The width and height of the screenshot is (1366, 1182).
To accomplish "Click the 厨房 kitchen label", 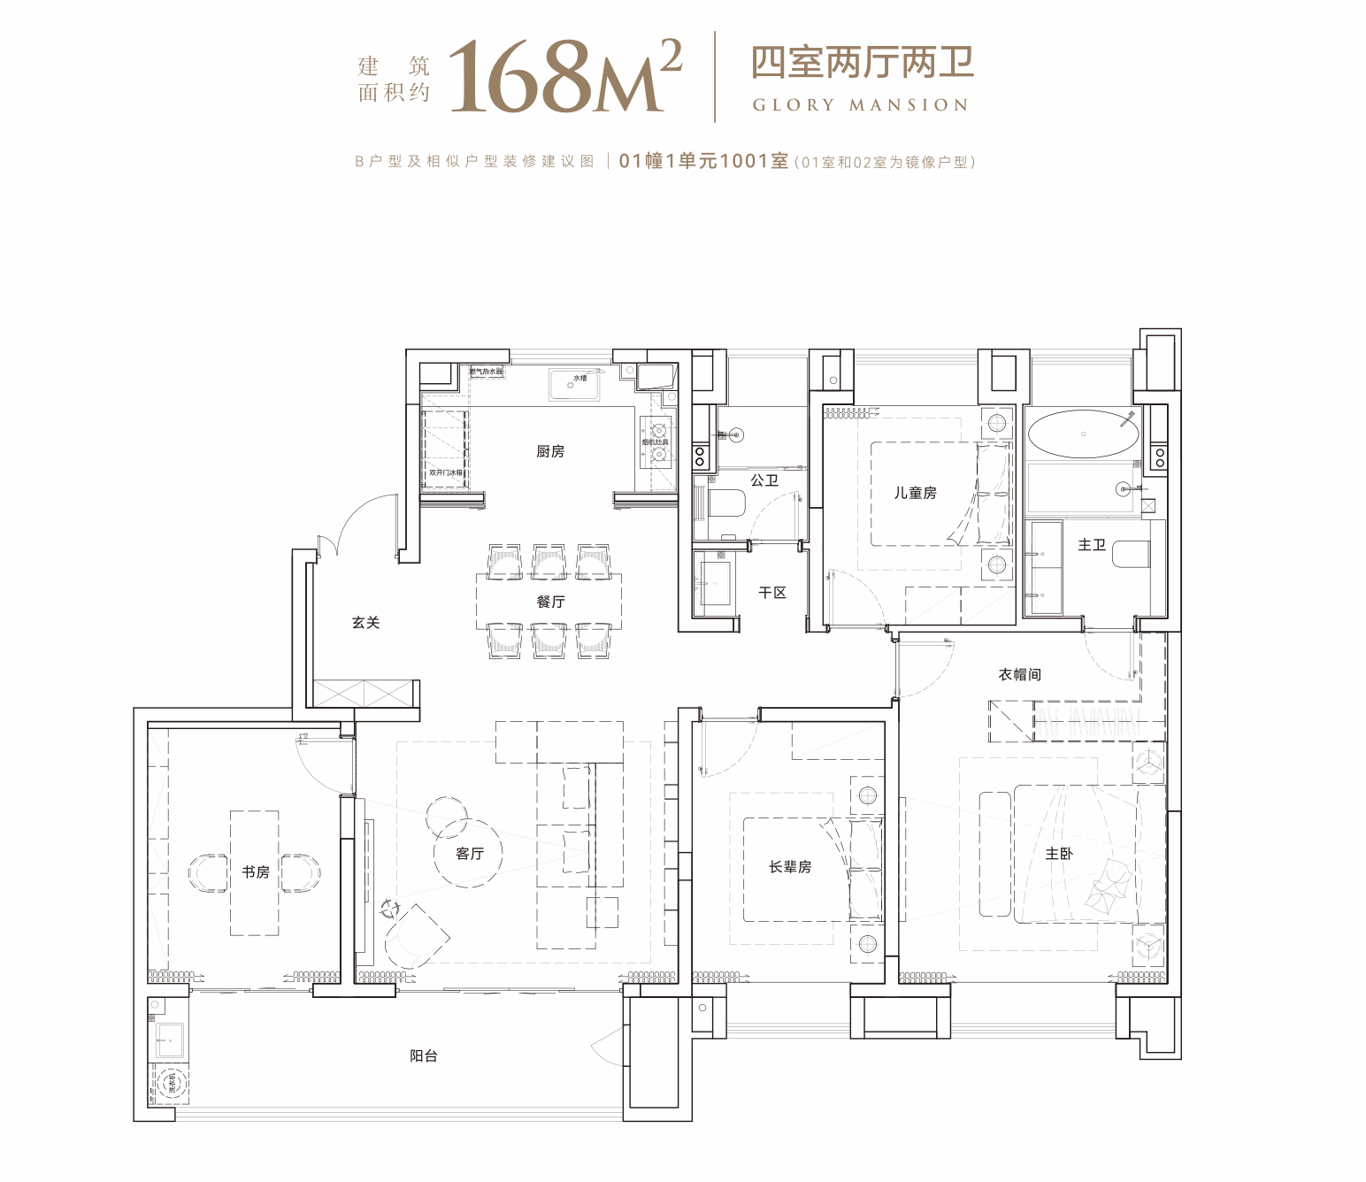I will (549, 451).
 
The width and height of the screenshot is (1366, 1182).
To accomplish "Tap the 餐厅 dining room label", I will (549, 602).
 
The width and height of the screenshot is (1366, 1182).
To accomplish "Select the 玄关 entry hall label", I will (365, 623).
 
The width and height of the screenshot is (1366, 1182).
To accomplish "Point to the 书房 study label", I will (256, 872).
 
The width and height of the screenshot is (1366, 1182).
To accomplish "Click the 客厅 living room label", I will (470, 854).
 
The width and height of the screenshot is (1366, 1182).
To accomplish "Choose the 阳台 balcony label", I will (423, 1055).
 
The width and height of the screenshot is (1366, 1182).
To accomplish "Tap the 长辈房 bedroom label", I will (790, 867).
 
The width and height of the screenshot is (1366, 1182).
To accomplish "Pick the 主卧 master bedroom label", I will (1059, 854).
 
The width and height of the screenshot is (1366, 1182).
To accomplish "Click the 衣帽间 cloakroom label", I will (1019, 674).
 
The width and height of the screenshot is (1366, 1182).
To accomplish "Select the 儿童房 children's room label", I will (915, 493).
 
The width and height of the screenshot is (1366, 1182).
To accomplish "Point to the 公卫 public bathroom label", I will (764, 480).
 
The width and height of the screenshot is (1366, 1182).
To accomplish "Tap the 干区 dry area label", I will (772, 593).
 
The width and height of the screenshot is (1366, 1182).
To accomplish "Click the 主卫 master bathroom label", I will (1092, 545).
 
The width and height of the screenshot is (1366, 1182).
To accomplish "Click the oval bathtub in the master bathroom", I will (1083, 434).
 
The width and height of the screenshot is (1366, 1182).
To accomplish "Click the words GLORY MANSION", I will (860, 105).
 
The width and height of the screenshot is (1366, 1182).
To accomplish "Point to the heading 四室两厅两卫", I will (862, 62).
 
